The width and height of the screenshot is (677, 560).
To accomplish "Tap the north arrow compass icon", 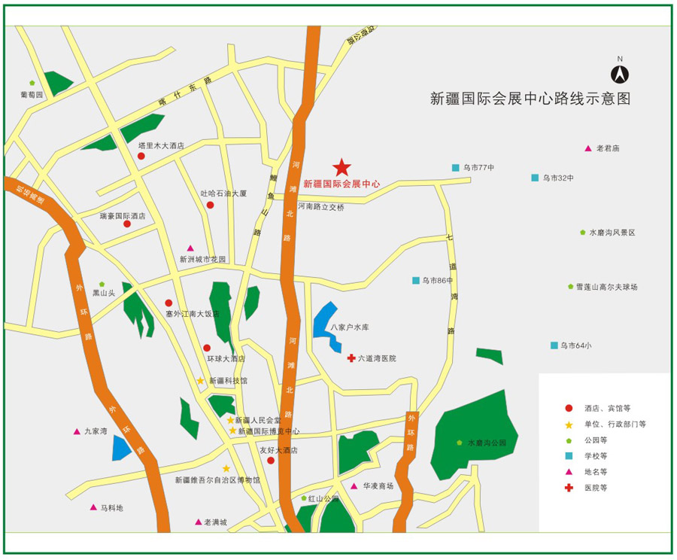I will (620, 73).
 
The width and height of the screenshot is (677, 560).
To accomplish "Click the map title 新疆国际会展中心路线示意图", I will (530, 98).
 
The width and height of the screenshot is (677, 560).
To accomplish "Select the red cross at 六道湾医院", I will (351, 358).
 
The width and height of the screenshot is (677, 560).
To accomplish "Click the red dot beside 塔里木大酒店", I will (141, 156).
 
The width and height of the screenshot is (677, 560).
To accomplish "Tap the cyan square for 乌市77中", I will (456, 167).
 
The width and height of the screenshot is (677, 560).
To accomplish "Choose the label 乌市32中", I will (557, 178).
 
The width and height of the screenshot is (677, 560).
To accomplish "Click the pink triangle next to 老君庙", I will (588, 148).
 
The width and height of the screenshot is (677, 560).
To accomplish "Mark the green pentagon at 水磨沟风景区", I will (583, 233).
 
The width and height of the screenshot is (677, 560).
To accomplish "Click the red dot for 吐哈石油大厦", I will (211, 205).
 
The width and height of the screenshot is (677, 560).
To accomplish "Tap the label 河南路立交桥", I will (320, 206).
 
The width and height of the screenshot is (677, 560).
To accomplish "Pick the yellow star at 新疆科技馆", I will (201, 381).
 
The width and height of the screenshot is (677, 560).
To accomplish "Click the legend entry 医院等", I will (595, 488).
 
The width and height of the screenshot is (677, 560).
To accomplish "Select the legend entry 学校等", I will (595, 455).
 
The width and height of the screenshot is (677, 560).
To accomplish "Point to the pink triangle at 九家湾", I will (77, 431).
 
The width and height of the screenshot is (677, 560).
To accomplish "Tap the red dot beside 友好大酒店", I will (271, 460).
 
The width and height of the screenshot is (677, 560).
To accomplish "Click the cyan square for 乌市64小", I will (554, 345).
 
